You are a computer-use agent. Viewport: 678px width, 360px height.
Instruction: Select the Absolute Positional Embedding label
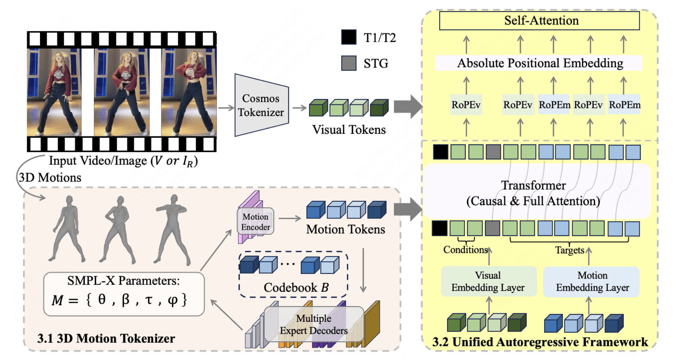540,63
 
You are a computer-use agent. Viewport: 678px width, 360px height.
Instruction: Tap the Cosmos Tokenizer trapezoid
261,105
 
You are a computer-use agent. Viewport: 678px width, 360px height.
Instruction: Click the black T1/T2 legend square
349,37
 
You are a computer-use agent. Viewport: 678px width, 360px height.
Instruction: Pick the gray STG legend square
349,63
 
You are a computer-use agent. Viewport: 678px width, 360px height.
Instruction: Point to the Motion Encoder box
256,222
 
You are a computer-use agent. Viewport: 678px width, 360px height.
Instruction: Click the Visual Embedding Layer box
488,281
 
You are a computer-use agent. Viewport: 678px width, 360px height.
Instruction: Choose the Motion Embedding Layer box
592,281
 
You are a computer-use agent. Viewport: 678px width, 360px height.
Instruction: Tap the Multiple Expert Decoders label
314,324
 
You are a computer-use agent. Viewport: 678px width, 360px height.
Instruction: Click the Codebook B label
296,288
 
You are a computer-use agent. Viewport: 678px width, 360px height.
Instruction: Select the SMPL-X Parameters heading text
123,281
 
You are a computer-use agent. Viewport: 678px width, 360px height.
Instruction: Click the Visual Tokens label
349,130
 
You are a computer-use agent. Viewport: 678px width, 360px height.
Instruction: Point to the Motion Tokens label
346,229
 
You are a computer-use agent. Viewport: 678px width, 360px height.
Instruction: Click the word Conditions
465,250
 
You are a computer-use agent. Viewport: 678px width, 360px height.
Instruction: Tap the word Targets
569,250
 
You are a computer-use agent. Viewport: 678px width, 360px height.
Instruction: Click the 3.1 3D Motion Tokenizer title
106,339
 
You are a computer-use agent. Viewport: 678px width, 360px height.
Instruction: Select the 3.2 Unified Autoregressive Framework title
540,342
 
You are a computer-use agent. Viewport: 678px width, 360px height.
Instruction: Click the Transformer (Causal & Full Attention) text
533,193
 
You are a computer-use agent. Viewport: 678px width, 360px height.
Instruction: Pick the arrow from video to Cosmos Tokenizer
226,107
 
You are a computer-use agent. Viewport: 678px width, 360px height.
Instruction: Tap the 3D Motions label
50,178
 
